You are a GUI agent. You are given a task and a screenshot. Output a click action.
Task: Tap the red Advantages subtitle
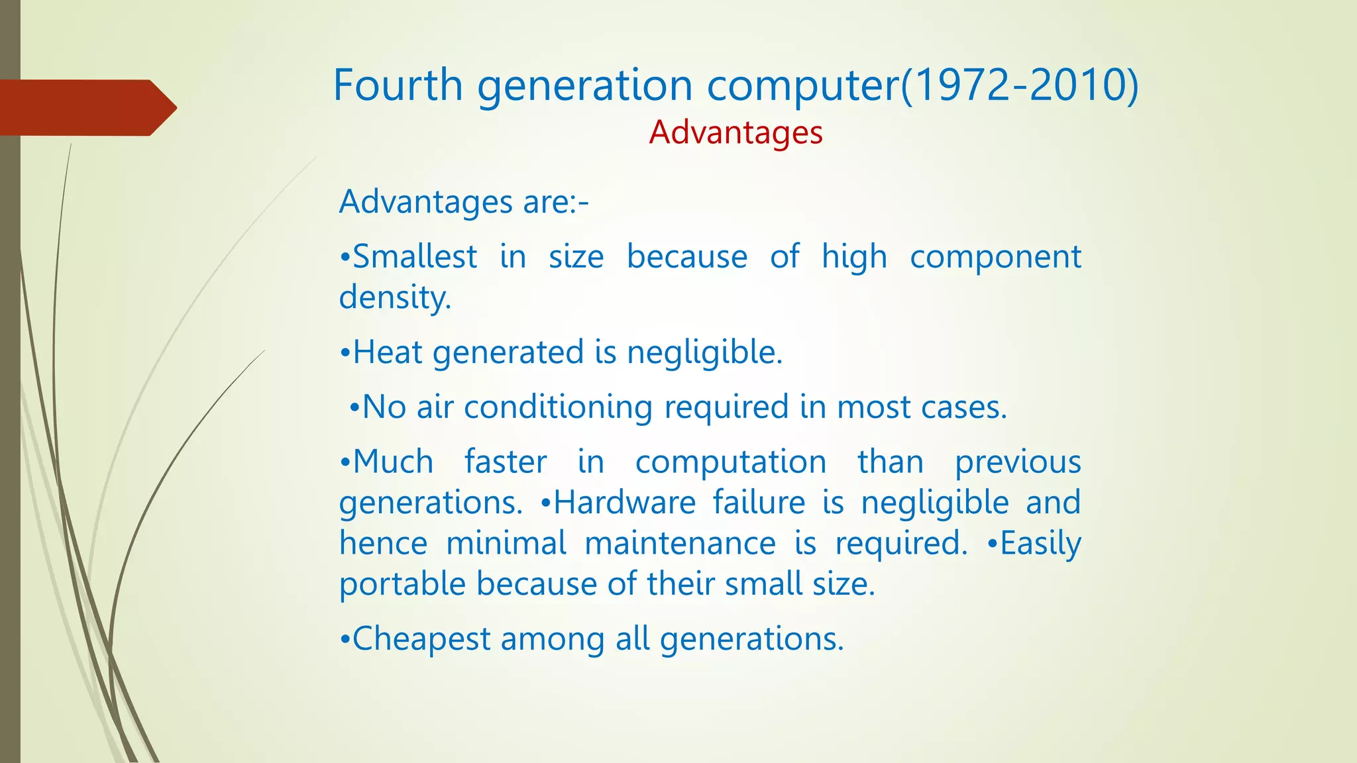735,132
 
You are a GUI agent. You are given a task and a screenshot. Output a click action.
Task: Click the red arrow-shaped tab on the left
86,107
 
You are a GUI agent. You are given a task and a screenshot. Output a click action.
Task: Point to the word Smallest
415,256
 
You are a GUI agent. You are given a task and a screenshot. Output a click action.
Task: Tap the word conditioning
558,407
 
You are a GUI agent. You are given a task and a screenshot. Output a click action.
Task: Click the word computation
730,462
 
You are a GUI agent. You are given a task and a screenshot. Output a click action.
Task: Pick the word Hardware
624,502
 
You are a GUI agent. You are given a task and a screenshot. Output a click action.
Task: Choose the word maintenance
680,543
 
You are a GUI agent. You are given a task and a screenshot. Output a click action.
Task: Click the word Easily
1040,543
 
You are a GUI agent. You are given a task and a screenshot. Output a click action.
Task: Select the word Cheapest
421,639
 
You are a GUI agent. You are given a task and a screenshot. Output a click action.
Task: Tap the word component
995,256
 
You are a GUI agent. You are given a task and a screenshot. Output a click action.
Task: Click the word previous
1018,462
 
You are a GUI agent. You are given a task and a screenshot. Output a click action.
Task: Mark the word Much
393,462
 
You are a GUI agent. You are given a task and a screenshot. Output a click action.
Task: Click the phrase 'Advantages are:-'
464,201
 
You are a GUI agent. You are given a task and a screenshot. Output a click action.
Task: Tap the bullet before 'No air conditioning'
354,407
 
